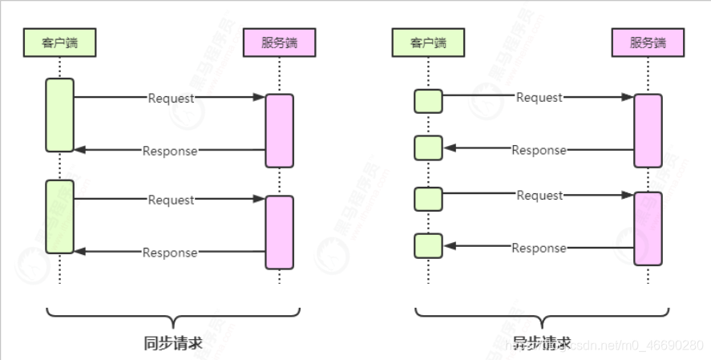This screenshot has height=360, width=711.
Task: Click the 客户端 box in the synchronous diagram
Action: click(59, 42)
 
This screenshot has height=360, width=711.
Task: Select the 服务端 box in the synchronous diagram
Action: click(279, 42)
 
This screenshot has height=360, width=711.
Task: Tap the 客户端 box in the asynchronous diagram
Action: click(428, 42)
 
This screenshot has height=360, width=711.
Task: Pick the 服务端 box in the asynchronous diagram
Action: click(648, 42)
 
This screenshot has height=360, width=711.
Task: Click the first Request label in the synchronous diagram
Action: click(171, 98)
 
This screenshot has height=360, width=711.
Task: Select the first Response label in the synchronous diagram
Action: click(170, 150)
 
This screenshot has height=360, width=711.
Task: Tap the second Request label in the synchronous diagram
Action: click(171, 200)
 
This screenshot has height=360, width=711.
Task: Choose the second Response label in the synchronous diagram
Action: click(170, 253)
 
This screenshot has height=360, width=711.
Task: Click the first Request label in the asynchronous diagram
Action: click(539, 98)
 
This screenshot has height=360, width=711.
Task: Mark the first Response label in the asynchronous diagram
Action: click(539, 150)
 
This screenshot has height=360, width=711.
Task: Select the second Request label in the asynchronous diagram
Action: click(539, 196)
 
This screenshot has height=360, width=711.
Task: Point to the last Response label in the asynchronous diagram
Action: click(539, 248)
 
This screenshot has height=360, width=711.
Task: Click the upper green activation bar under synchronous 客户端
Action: click(59, 114)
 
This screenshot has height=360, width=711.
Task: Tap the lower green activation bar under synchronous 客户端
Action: click(59, 216)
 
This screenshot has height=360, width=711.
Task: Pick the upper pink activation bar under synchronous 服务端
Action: click(279, 130)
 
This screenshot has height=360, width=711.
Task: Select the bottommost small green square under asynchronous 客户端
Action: click(428, 245)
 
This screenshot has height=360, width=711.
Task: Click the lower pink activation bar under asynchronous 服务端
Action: click(648, 229)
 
